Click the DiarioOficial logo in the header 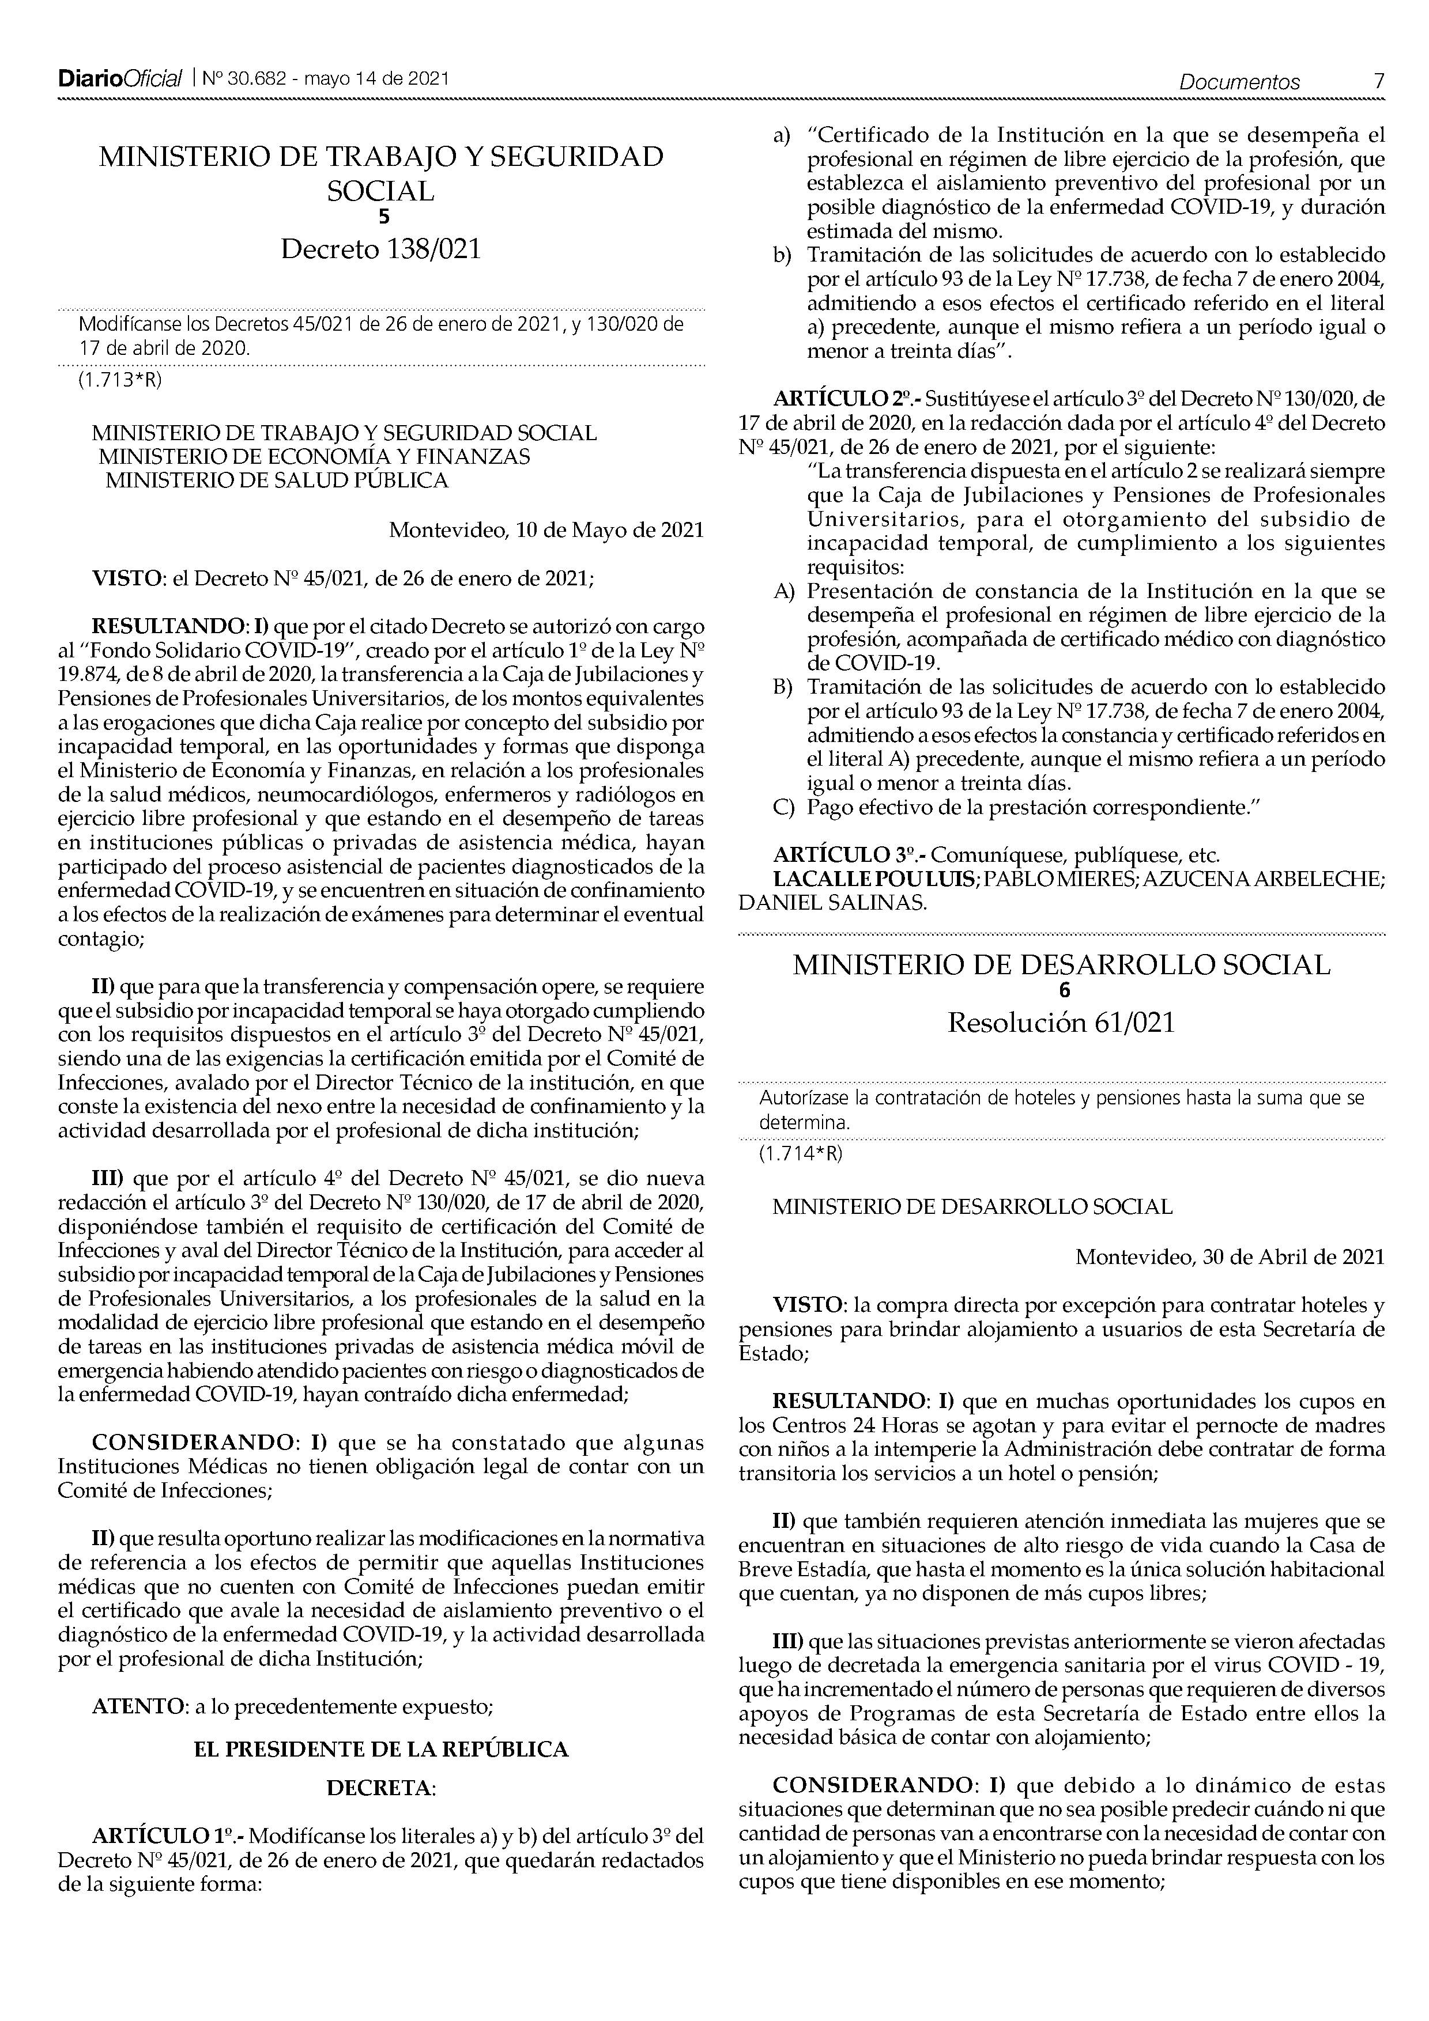pyautogui.click(x=120, y=80)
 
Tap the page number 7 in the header pyautogui.click(x=1379, y=82)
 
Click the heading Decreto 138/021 pyautogui.click(x=380, y=250)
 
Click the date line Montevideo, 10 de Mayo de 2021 pyautogui.click(x=546, y=531)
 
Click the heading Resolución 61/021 pyautogui.click(x=1061, y=1024)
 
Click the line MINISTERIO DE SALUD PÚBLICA pyautogui.click(x=277, y=480)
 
